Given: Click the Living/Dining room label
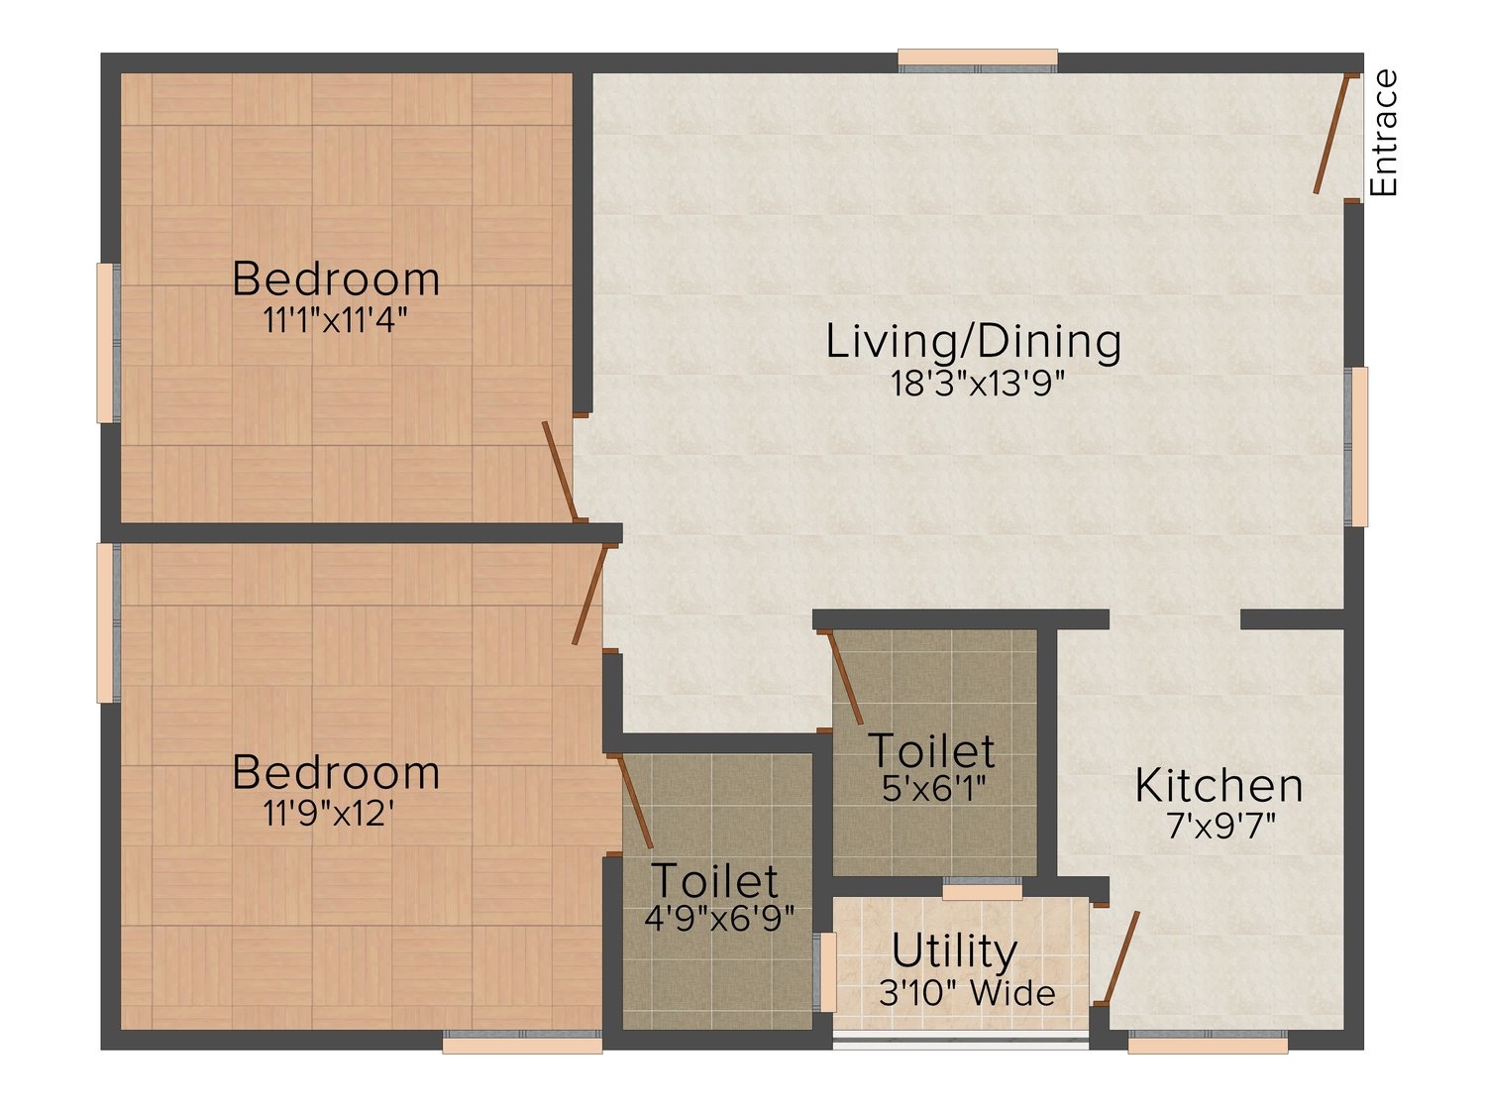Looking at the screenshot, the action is click(973, 342).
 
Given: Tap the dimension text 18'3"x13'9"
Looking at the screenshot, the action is click(977, 384).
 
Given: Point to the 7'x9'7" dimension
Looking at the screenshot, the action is click(1221, 826).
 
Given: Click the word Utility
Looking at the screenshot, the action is click(954, 951).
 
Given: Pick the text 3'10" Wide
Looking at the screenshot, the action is click(967, 992).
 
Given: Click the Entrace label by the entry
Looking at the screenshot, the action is click(1383, 133).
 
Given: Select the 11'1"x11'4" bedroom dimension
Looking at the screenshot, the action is click(335, 320).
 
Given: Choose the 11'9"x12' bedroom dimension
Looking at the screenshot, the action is click(328, 813).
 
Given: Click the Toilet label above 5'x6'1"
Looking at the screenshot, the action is click(931, 749).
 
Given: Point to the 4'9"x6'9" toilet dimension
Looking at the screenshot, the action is click(719, 919).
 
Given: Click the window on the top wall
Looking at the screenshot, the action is click(978, 60).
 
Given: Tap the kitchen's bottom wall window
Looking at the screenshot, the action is click(1208, 1042).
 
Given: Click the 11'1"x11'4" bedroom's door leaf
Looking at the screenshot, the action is click(560, 471).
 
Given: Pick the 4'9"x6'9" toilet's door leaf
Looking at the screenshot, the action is click(634, 802).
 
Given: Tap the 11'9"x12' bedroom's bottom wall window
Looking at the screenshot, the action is click(523, 1042).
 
